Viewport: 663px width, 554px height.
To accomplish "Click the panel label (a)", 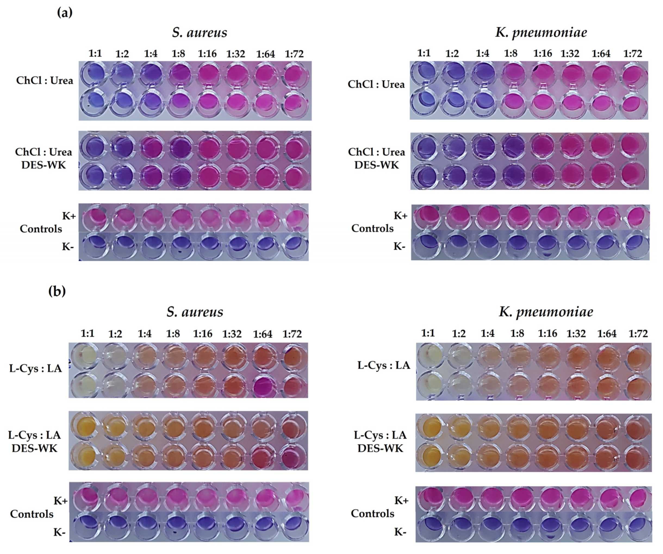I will pyautogui.click(x=65, y=13).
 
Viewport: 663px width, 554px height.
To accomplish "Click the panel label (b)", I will pyautogui.click(x=57, y=291).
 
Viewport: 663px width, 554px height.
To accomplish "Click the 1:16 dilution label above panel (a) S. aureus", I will pyautogui.click(x=207, y=54).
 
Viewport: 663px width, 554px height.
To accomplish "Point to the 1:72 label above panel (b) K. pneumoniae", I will pyautogui.click(x=638, y=333).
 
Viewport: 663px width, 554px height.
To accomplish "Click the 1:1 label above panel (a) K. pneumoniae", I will pyautogui.click(x=424, y=53).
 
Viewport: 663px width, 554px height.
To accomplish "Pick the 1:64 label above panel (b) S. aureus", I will pyautogui.click(x=262, y=334).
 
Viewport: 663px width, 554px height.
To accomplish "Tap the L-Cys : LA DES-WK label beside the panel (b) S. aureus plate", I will pyautogui.click(x=34, y=442).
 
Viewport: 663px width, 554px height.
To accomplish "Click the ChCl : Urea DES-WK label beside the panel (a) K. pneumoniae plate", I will pyautogui.click(x=376, y=158).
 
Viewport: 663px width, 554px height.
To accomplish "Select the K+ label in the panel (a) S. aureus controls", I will pyautogui.click(x=69, y=216).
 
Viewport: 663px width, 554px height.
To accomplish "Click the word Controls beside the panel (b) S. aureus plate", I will pyautogui.click(x=32, y=514).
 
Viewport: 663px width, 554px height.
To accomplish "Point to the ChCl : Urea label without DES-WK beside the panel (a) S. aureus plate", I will pyautogui.click(x=45, y=81).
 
